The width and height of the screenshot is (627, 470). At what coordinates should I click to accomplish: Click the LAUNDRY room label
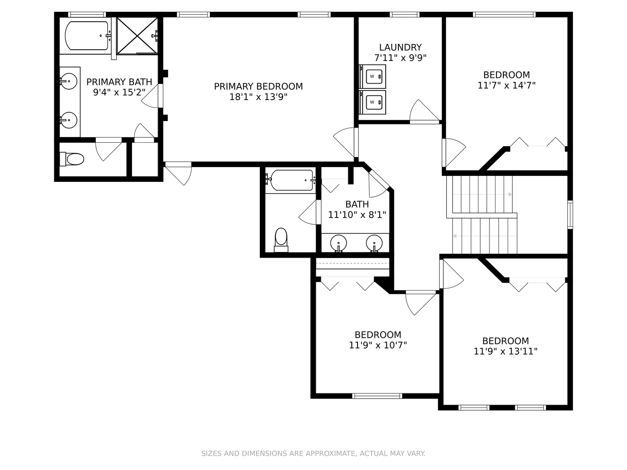pyautogui.click(x=400, y=47)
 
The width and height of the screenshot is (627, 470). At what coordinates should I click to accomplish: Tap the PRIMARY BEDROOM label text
pyautogui.click(x=258, y=87)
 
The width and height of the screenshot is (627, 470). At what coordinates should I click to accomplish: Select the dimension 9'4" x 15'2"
pyautogui.click(x=119, y=92)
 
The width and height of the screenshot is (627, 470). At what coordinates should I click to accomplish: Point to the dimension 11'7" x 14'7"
pyautogui.click(x=506, y=85)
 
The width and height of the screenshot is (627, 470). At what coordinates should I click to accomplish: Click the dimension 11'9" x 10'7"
pyautogui.click(x=378, y=345)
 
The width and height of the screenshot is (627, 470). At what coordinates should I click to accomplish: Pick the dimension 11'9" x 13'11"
pyautogui.click(x=506, y=351)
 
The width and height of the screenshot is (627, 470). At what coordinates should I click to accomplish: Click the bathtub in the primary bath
pyautogui.click(x=87, y=36)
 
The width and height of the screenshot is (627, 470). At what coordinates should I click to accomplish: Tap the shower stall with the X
pyautogui.click(x=137, y=36)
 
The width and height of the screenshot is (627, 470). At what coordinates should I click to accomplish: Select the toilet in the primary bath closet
pyautogui.click(x=72, y=159)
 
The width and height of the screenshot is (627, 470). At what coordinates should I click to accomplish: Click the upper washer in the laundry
pyautogui.click(x=372, y=77)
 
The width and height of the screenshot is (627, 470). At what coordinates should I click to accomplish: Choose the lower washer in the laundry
pyautogui.click(x=372, y=102)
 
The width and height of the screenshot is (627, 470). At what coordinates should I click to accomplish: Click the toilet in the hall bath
pyautogui.click(x=281, y=240)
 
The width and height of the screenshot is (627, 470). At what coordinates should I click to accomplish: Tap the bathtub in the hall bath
pyautogui.click(x=292, y=180)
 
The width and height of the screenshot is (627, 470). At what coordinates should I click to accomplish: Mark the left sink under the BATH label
pyautogui.click(x=338, y=243)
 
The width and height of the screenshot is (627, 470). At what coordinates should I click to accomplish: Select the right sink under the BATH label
pyautogui.click(x=374, y=243)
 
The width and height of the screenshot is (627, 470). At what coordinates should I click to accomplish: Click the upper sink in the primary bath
pyautogui.click(x=69, y=81)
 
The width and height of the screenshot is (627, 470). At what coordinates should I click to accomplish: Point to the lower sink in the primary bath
pyautogui.click(x=69, y=120)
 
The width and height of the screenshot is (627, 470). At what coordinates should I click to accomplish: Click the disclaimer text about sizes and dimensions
pyautogui.click(x=313, y=453)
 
